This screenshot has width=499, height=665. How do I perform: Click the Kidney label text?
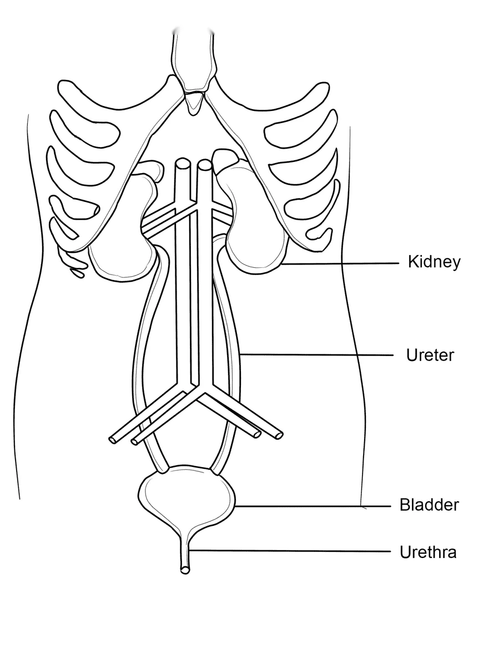(x=434, y=262)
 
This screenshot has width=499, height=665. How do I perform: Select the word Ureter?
(x=430, y=355)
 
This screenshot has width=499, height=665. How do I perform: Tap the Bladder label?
(x=429, y=505)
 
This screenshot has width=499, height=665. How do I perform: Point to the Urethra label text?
(x=428, y=552)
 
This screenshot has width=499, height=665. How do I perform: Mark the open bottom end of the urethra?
(x=185, y=570)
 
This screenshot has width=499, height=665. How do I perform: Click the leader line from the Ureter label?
(x=316, y=354)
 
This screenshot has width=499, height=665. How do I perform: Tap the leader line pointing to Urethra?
(x=290, y=551)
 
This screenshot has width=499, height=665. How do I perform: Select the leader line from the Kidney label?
(x=340, y=263)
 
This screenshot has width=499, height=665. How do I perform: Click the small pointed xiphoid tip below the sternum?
(x=194, y=104)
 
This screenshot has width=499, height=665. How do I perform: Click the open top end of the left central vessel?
(x=182, y=163)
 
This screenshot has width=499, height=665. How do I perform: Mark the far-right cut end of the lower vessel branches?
(x=279, y=435)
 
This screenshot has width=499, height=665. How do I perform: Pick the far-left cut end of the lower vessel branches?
(x=113, y=440)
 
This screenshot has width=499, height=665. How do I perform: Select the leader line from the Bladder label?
(x=312, y=506)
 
